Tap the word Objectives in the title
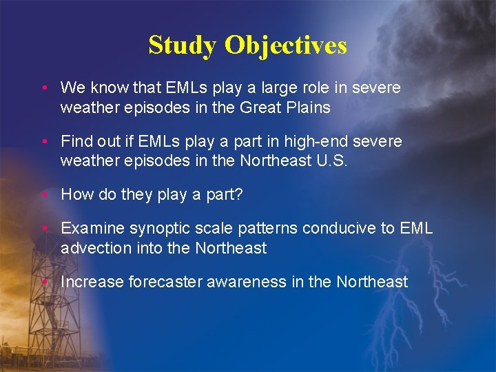[x=286, y=45]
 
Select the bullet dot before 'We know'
[x=43, y=89]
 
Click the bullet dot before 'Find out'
[x=43, y=142]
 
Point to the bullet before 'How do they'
[x=43, y=195]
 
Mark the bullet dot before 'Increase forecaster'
[x=43, y=282]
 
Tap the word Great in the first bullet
[x=256, y=107]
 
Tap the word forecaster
[x=163, y=282]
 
